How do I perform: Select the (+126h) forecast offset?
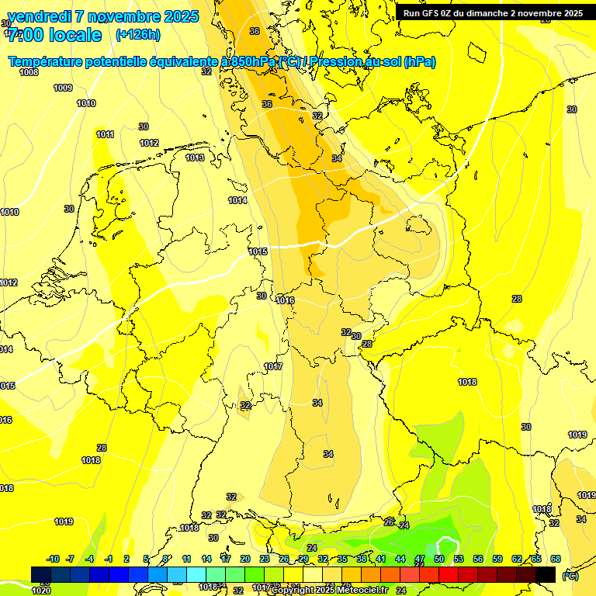[137, 35]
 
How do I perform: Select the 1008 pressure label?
[29, 72]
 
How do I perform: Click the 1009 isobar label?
[63, 88]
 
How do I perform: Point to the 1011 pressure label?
[105, 134]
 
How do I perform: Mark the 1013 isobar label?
[195, 158]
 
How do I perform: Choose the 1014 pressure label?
[237, 200]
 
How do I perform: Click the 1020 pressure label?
[41, 591]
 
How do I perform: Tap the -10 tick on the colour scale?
[53, 559]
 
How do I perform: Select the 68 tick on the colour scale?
[556, 559]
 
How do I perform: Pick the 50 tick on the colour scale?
[439, 559]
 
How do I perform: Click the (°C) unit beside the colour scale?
[570, 576]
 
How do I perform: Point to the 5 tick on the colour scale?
[146, 559]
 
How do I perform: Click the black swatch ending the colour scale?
[546, 574]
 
